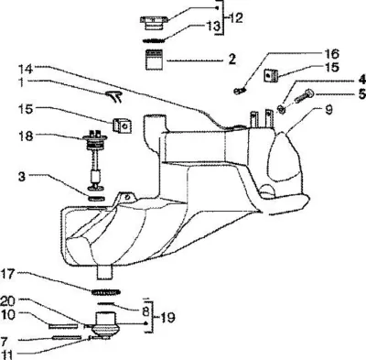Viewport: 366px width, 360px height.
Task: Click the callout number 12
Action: click(235, 18)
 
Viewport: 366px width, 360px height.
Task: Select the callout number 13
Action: click(212, 26)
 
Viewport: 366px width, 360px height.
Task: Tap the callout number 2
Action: click(232, 59)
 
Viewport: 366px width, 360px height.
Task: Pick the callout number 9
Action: click(328, 110)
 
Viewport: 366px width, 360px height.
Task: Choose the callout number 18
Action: click(26, 136)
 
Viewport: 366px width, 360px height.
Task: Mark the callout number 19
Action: click(167, 318)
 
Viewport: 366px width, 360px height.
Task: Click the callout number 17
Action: click(8, 274)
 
